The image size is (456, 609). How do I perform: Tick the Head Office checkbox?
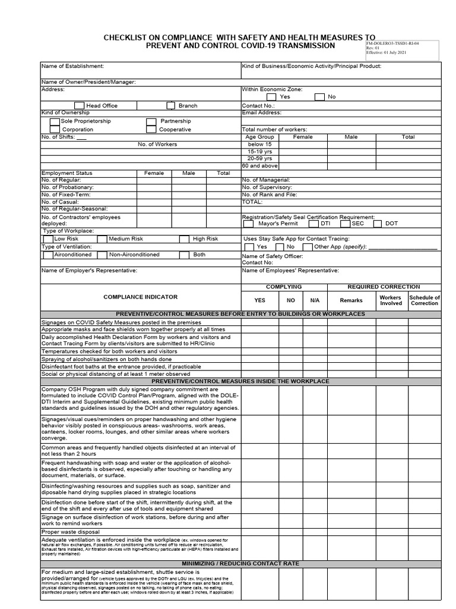coord(80,105)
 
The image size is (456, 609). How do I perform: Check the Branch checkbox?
coord(172,105)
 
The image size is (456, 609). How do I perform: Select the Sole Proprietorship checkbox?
coord(55,121)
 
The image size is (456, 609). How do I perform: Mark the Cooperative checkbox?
coord(151,129)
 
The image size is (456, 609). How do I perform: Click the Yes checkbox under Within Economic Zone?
coord(271,96)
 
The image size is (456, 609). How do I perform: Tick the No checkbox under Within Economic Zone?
coord(319,96)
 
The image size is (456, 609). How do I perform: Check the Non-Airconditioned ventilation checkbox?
coord(104,255)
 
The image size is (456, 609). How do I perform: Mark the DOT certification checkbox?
coord(377,224)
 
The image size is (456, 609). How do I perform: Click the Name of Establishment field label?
coord(72,66)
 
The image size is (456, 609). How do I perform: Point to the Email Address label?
coord(262,112)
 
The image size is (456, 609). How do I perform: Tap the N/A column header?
coord(315,300)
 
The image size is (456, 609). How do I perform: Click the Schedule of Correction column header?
coord(425,300)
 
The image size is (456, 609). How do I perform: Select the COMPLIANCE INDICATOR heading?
coord(140,296)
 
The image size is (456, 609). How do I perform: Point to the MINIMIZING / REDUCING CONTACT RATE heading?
coord(240,563)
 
